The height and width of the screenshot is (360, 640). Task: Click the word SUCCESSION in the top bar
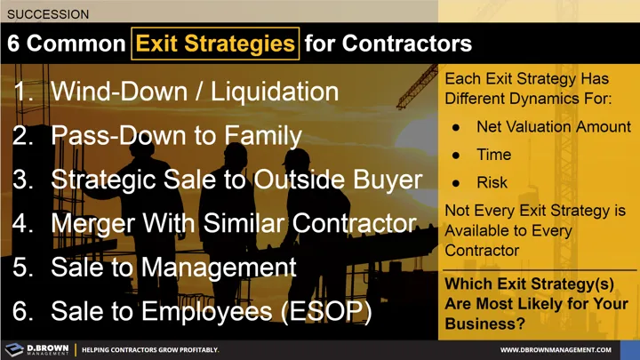tap(48, 14)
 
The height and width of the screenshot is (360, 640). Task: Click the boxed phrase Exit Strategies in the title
tap(214, 43)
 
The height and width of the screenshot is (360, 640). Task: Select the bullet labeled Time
tap(493, 155)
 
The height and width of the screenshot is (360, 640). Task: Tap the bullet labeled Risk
tap(492, 182)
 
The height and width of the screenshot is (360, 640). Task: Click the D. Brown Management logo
tap(36, 349)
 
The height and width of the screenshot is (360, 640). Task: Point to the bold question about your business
tap(535, 303)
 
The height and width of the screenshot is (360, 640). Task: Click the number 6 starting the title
tap(15, 43)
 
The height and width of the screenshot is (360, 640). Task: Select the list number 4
tap(22, 222)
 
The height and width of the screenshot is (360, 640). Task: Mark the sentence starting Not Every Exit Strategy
tap(534, 230)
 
